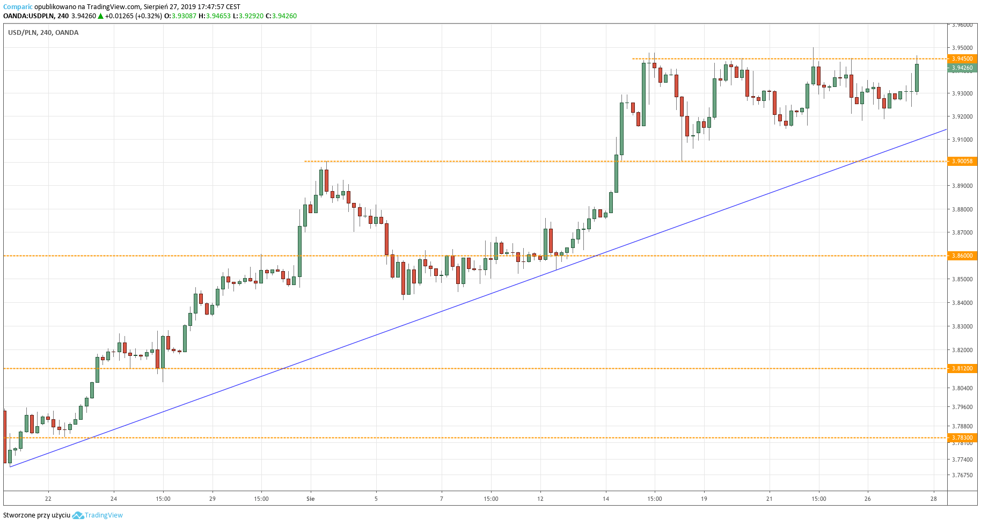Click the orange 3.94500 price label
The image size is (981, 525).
tap(962, 59)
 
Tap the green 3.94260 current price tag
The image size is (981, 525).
tap(962, 68)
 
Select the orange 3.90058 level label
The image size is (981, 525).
tap(962, 161)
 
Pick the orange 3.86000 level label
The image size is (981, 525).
tap(962, 256)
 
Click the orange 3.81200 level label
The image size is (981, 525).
tap(962, 368)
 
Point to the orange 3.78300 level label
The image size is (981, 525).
tap(962, 437)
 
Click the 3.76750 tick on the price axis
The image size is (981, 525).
tap(962, 475)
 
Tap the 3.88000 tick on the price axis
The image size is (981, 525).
tap(962, 209)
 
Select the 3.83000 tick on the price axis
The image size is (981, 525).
tap(962, 326)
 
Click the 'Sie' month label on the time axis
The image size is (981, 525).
tap(310, 499)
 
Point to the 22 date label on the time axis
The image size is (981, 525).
tap(48, 499)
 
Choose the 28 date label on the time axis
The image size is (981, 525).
tap(934, 499)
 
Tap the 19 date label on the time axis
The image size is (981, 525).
tap(704, 499)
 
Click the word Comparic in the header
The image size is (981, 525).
tap(18, 7)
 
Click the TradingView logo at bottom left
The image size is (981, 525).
tap(98, 515)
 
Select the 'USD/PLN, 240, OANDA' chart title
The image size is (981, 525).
tap(43, 33)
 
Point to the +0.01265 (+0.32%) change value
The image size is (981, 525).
tap(133, 16)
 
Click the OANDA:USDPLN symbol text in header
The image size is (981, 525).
tap(28, 16)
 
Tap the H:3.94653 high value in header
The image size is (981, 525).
tap(215, 16)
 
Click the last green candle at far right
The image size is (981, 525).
tap(917, 78)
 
